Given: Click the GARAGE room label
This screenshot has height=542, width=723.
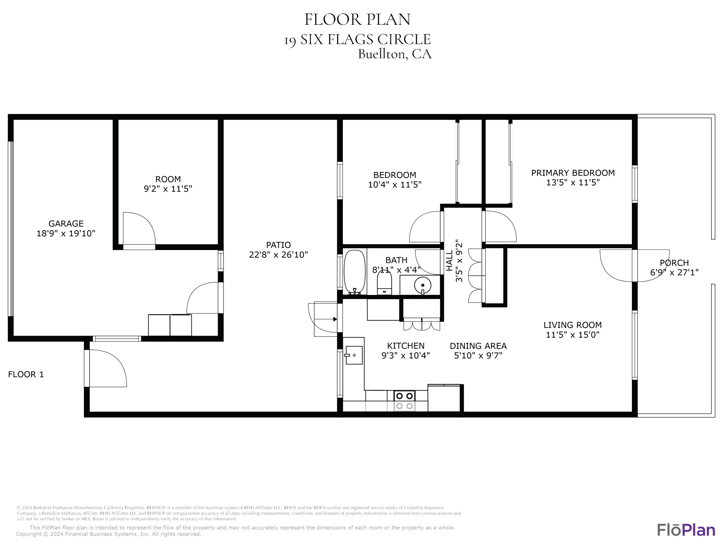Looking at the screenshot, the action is (x=66, y=224).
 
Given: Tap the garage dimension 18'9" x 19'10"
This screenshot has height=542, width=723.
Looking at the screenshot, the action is (x=66, y=233).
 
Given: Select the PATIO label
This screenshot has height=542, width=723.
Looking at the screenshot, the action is (x=279, y=245).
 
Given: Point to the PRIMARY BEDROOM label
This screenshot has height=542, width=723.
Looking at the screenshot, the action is (x=573, y=173).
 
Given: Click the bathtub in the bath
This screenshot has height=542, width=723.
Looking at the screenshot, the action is (x=355, y=272).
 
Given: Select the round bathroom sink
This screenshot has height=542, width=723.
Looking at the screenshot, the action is (x=423, y=285).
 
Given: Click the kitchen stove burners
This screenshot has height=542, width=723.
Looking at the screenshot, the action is (x=404, y=401).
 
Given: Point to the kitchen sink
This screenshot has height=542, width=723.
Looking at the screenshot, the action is (x=354, y=355).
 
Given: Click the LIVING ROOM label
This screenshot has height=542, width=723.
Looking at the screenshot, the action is (x=573, y=325).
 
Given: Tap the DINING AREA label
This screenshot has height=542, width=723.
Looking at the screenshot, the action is (x=478, y=346).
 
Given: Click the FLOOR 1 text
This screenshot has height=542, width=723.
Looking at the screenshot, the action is (x=26, y=374).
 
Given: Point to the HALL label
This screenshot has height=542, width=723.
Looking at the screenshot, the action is (x=450, y=260).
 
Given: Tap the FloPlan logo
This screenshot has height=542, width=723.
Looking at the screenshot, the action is (x=686, y=530).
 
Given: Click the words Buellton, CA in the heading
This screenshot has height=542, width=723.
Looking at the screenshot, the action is (x=395, y=54).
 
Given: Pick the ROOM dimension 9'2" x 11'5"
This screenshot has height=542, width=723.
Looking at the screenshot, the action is (x=168, y=189).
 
